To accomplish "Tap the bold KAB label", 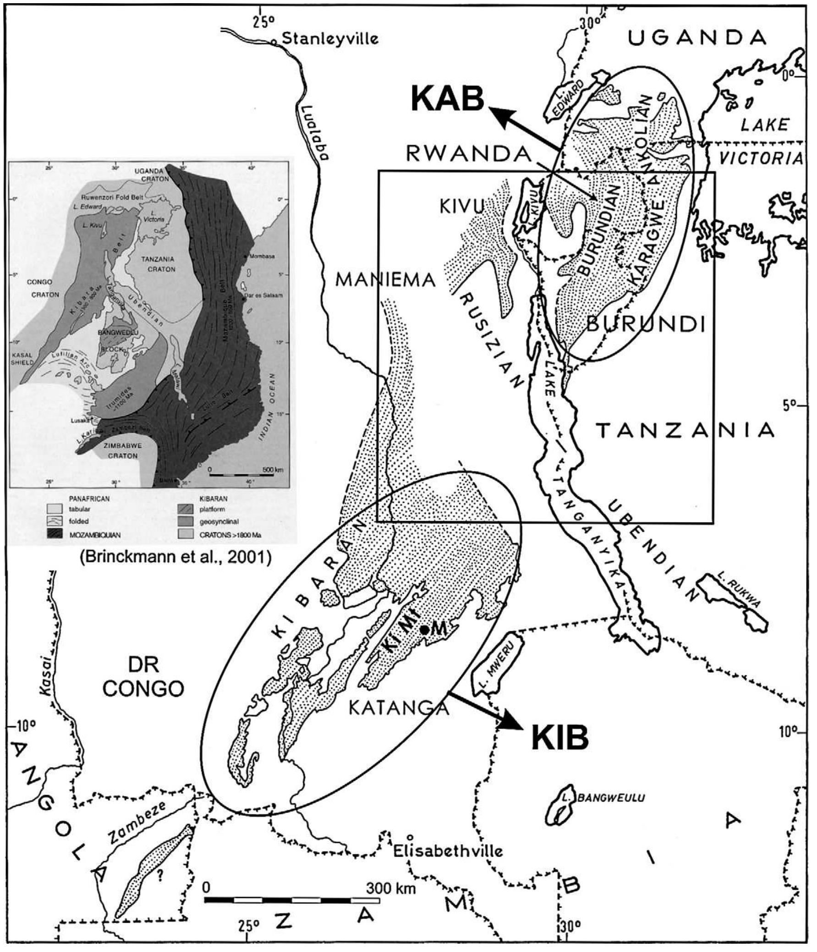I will tap(447, 99).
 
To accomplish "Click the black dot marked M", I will tap(425, 630).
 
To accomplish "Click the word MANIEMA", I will tap(385, 279).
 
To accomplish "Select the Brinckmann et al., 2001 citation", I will tap(175, 557).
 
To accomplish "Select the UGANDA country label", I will tap(697, 38).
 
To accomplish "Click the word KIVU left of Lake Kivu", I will tap(462, 207).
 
